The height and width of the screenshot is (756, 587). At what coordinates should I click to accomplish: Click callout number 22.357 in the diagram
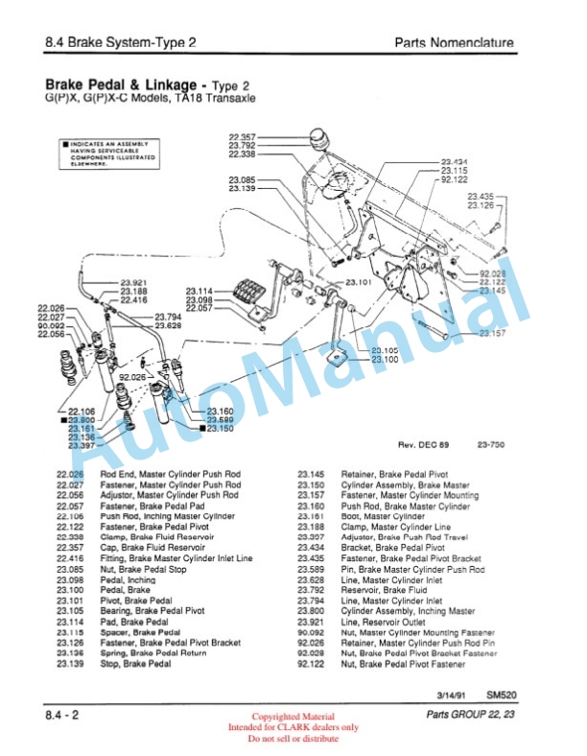point(242,137)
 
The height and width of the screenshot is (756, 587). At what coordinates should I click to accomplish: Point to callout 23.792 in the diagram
point(242,146)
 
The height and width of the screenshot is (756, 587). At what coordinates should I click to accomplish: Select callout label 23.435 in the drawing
point(480,196)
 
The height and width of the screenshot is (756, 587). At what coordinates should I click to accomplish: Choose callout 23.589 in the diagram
point(220,419)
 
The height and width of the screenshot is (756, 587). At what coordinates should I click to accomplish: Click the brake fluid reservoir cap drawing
point(320,137)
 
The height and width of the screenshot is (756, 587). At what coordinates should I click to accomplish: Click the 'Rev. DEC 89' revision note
point(422,445)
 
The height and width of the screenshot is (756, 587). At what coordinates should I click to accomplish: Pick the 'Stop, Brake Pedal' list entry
point(135,663)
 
